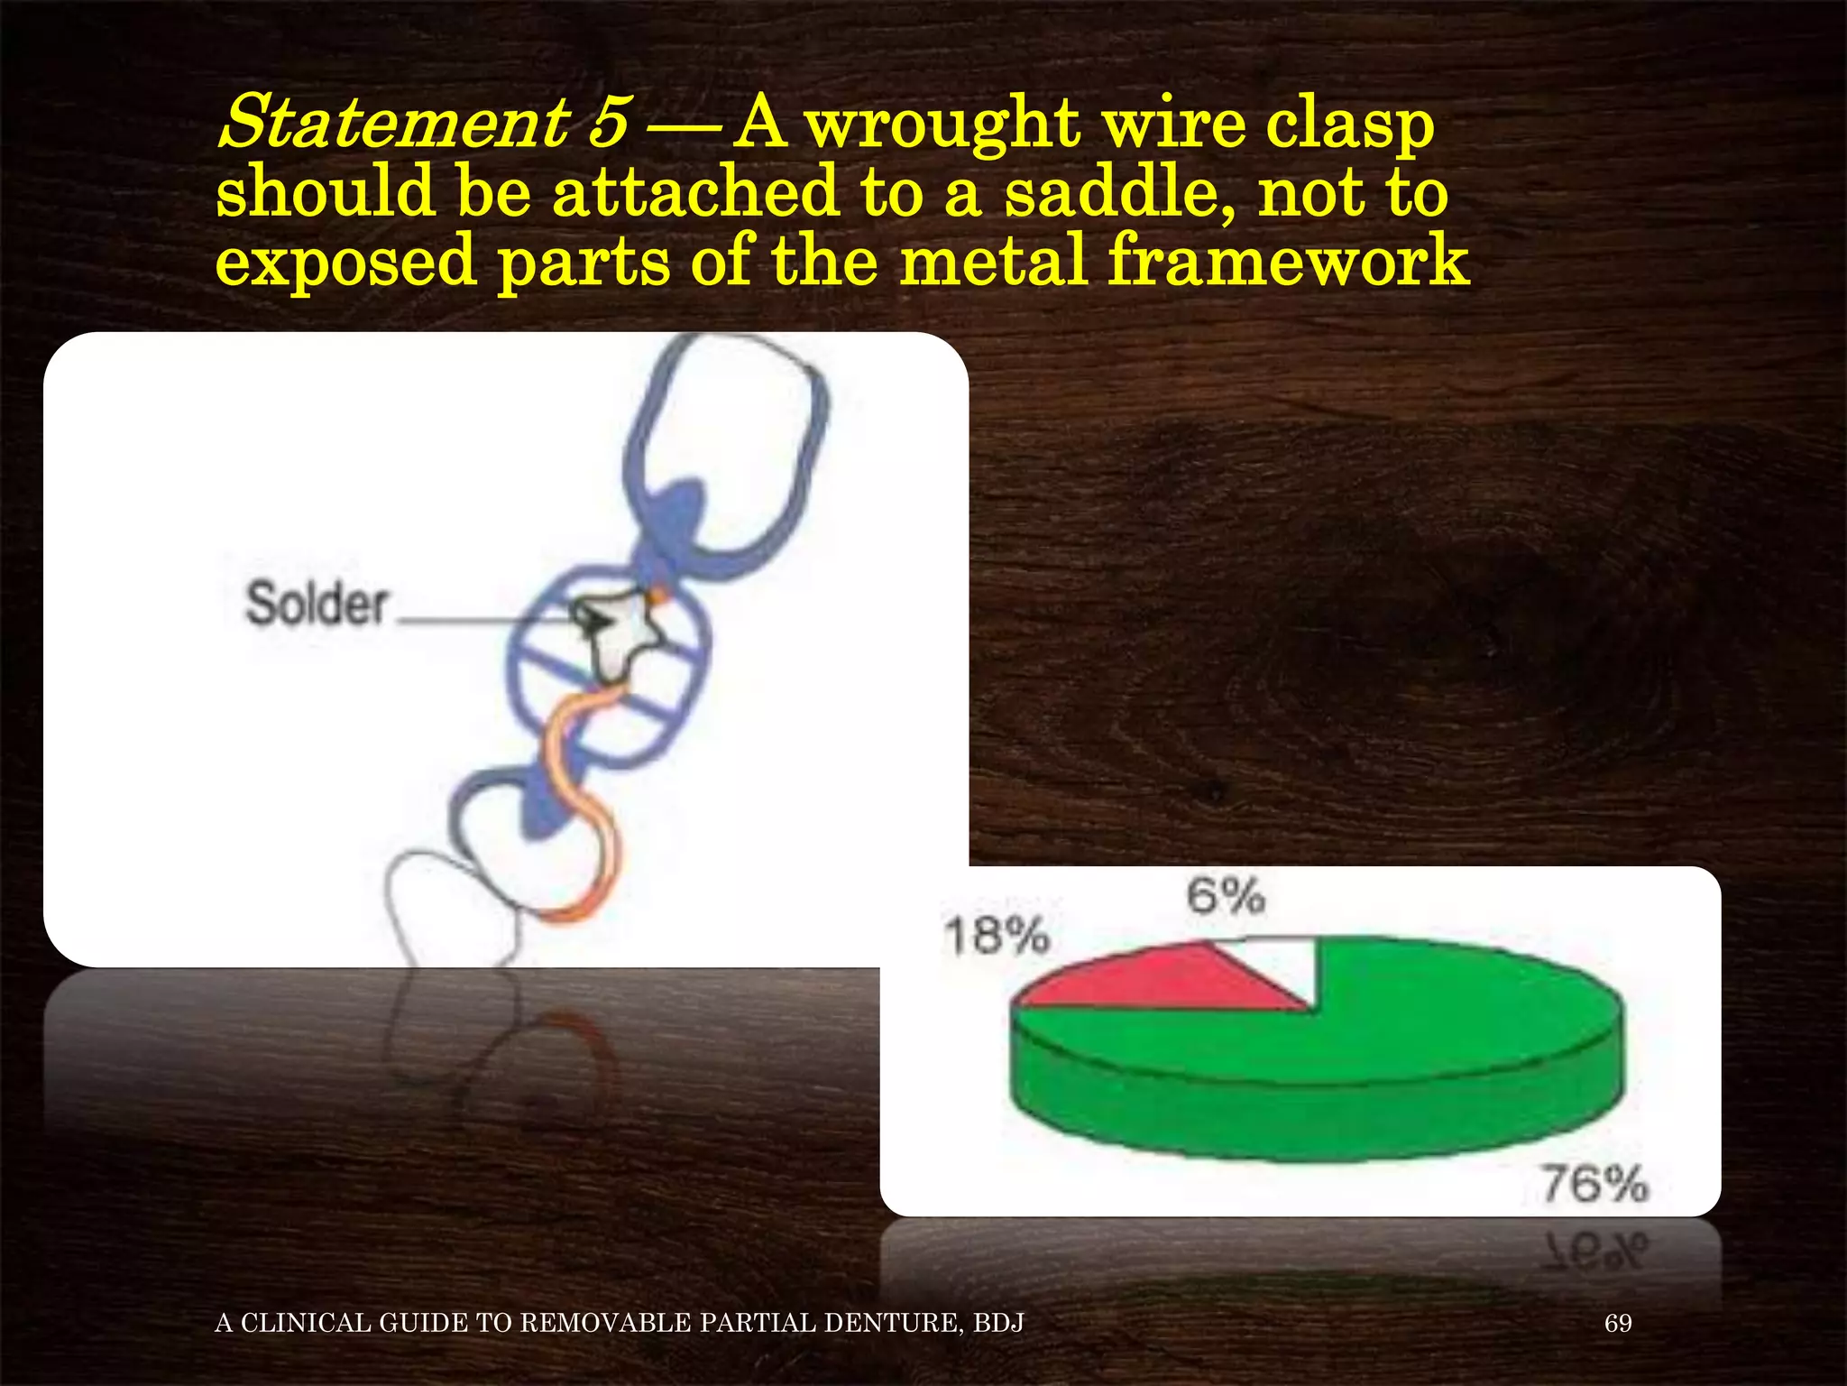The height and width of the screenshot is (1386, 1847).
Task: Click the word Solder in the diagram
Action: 317,604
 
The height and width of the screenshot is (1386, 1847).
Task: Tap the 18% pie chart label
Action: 997,935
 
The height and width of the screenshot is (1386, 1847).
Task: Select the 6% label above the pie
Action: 1226,896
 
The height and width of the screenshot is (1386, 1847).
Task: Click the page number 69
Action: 1618,1323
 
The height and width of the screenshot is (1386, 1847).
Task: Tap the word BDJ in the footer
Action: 998,1323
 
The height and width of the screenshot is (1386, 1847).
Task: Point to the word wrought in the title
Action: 942,126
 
